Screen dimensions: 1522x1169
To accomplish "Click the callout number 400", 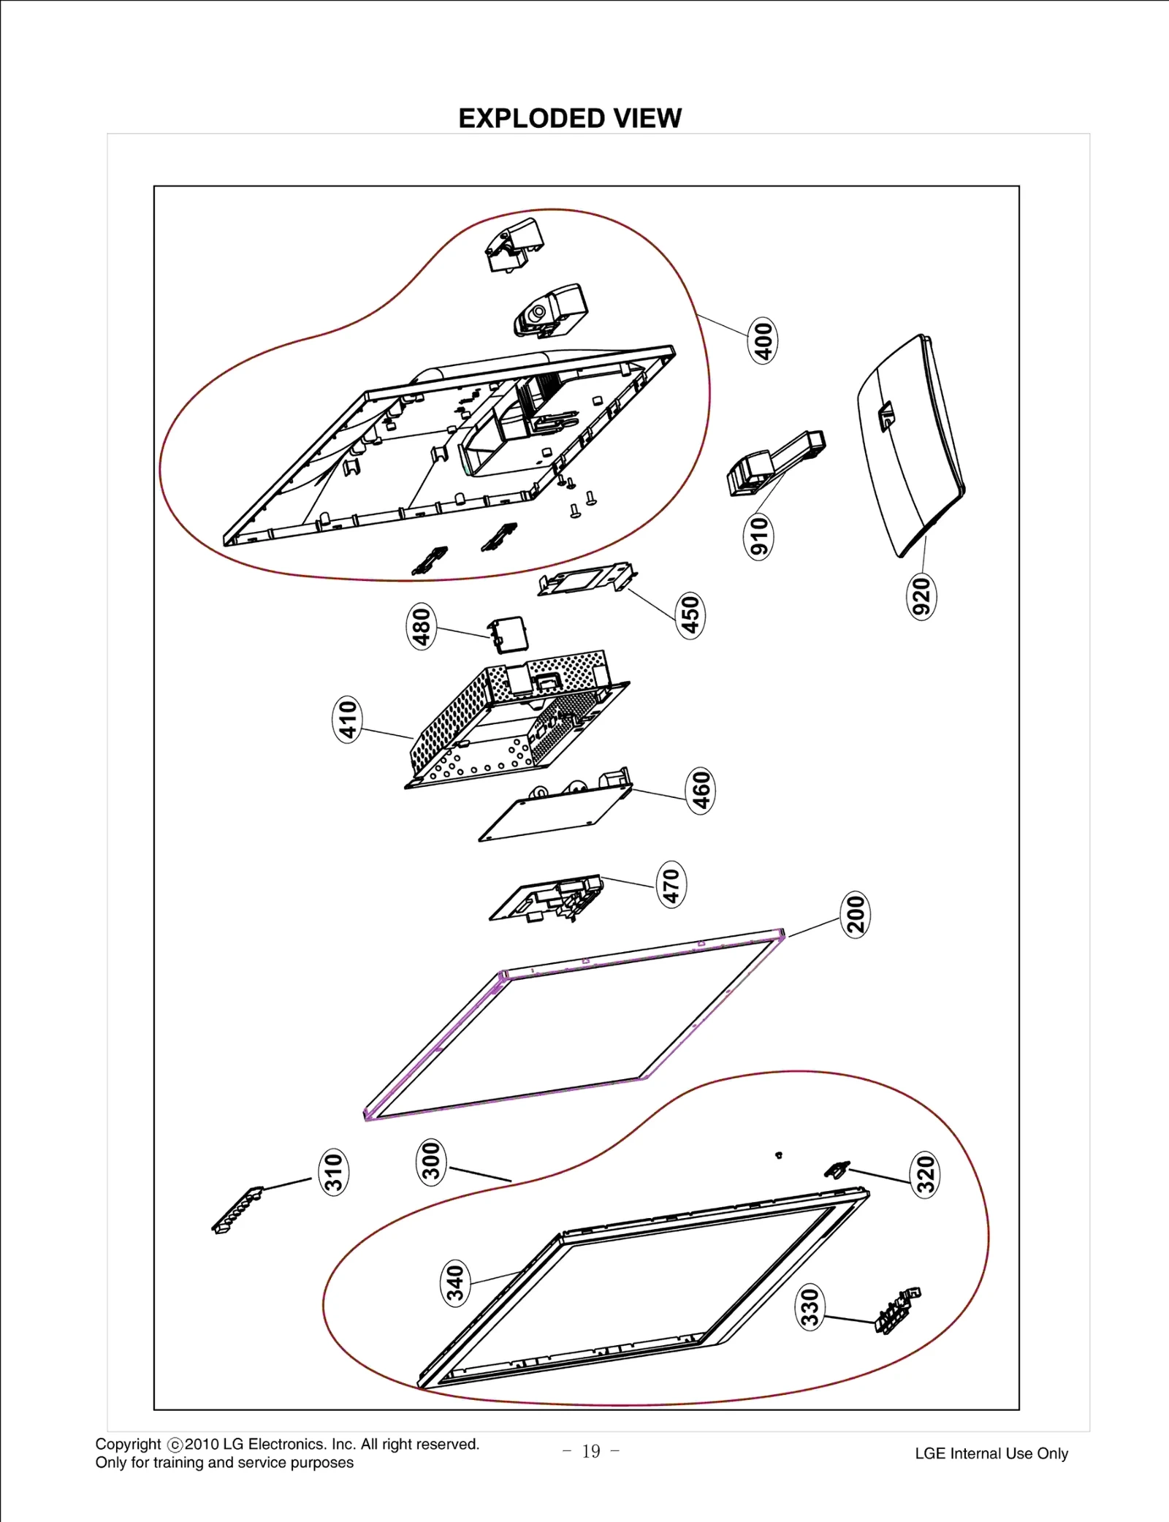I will [x=763, y=340].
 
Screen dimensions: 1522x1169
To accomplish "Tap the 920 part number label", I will [x=922, y=596].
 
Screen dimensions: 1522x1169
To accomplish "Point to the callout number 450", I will [x=690, y=615].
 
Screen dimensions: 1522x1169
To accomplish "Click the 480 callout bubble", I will [x=422, y=626].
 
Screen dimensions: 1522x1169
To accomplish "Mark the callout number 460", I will [x=701, y=791].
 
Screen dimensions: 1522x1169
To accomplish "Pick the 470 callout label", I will [x=671, y=884].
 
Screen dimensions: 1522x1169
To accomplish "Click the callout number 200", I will [x=856, y=915].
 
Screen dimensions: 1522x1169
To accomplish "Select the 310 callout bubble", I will [x=334, y=1172].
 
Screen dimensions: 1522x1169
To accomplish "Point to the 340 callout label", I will [x=455, y=1284].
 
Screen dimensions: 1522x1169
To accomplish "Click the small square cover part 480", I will [x=509, y=634].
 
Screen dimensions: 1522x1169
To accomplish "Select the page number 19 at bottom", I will [x=591, y=1451].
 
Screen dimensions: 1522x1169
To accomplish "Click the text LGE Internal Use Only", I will [x=991, y=1453].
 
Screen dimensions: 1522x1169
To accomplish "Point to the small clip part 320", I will [x=837, y=1169].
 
